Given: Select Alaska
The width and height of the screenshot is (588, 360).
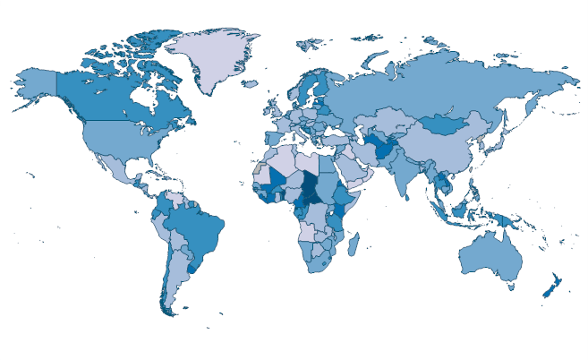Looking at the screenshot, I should pos(36,85).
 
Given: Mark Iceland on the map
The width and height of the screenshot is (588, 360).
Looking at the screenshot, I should pos(253,85).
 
